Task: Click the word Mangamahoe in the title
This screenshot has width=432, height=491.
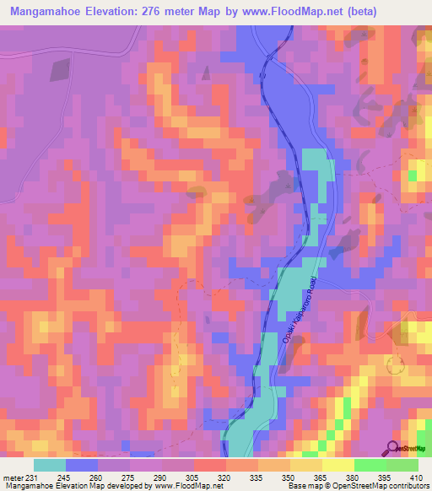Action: [x=51, y=12]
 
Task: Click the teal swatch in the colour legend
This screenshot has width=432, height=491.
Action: [x=50, y=465]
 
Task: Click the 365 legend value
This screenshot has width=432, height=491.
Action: [x=316, y=478]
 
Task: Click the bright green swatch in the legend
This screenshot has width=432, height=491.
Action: [x=370, y=465]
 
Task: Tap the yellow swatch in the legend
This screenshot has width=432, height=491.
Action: [x=337, y=465]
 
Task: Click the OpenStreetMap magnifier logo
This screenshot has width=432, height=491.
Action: [x=394, y=448]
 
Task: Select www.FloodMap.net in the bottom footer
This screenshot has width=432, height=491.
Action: [x=182, y=487]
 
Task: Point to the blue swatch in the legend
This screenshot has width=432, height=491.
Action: [x=82, y=465]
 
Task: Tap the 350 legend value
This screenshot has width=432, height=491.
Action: [x=286, y=478]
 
